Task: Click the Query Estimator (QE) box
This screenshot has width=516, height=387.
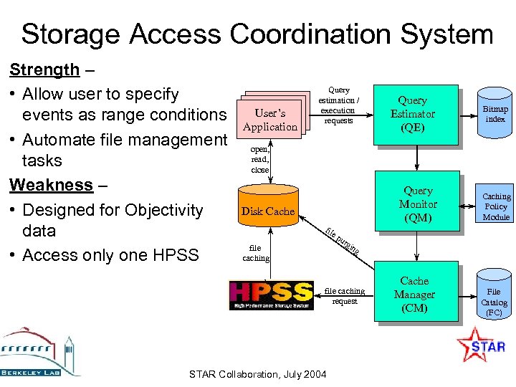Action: pyautogui.click(x=413, y=114)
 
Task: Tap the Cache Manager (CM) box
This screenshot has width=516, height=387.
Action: pyautogui.click(x=414, y=295)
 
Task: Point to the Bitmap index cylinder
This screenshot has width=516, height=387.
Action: pyautogui.click(x=495, y=114)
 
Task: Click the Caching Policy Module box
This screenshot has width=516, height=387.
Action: pyautogui.click(x=496, y=206)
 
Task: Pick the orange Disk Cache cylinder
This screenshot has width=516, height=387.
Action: pyautogui.click(x=267, y=211)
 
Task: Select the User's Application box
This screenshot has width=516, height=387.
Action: pyautogui.click(x=269, y=120)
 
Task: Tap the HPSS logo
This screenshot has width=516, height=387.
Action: pyautogui.click(x=271, y=295)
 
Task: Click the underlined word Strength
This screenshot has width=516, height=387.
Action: pyautogui.click(x=44, y=70)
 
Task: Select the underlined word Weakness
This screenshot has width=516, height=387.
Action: pyautogui.click(x=51, y=185)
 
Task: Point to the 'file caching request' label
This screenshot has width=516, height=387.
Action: pyautogui.click(x=345, y=296)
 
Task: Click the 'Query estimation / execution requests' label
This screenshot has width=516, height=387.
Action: pyautogui.click(x=338, y=105)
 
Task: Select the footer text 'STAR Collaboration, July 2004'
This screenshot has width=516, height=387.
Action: pyautogui.click(x=257, y=375)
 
